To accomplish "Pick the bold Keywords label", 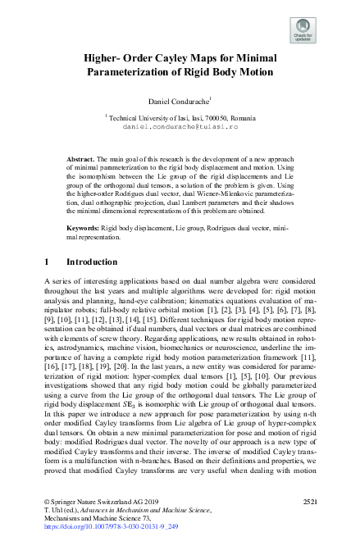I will click(x=85, y=225).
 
